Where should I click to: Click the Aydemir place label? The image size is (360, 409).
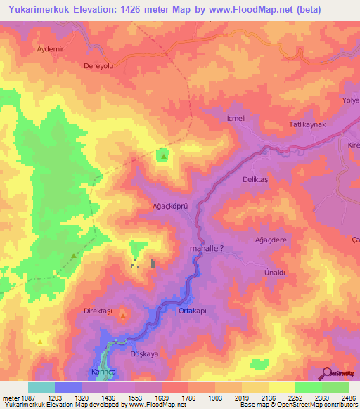[x=51, y=50]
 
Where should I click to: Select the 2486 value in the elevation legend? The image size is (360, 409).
[x=347, y=398]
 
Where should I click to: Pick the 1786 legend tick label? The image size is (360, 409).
[x=187, y=398]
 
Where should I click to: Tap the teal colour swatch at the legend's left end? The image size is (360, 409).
[x=41, y=387]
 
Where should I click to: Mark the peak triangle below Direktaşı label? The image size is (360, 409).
[x=123, y=317]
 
